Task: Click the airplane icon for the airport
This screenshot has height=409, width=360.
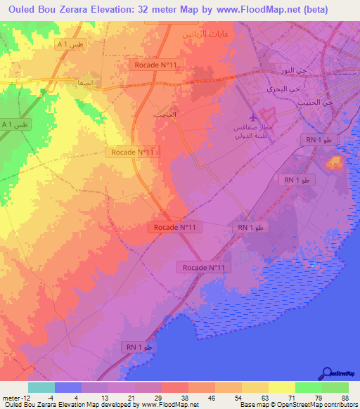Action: pyautogui.click(x=254, y=116)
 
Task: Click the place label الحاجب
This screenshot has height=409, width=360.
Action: pyautogui.click(x=184, y=114)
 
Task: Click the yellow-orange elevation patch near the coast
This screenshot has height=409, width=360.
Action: pyautogui.click(x=334, y=164)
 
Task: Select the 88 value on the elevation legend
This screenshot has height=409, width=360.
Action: pyautogui.click(x=344, y=397)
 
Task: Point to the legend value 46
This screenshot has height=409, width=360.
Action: pyautogui.click(x=210, y=397)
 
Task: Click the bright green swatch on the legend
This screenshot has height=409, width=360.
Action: pyautogui.click(x=308, y=387)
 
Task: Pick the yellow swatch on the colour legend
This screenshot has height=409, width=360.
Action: pyautogui.click(x=281, y=387)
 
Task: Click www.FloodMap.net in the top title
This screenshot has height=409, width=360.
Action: pyautogui.click(x=262, y=9)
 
